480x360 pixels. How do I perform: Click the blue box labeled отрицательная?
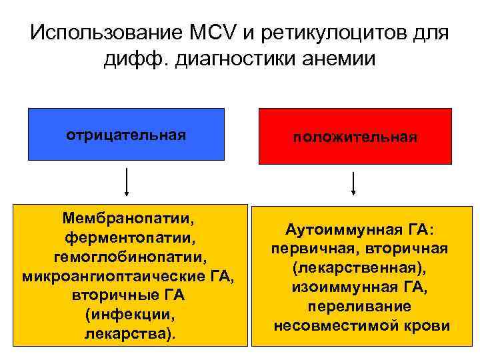[126, 135]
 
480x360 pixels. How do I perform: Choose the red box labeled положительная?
[355, 136]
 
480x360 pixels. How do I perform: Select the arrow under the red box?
[353, 183]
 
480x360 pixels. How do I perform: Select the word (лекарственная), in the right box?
[353, 269]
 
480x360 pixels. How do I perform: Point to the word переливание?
[359, 307]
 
